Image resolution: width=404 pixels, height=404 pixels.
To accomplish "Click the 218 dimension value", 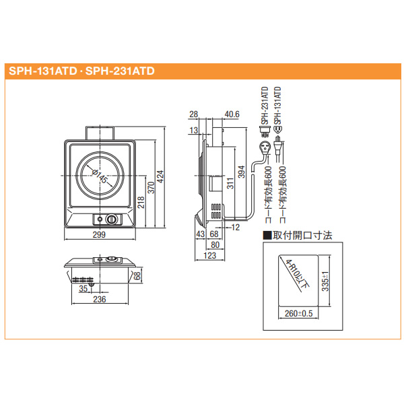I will pyautogui.click(x=142, y=201).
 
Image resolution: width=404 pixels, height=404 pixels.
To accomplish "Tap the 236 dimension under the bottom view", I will pyautogui.click(x=100, y=300).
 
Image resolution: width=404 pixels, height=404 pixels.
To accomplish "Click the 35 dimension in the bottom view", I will pyautogui.click(x=83, y=288).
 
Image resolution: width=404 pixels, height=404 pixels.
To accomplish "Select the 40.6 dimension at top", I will pyautogui.click(x=232, y=114).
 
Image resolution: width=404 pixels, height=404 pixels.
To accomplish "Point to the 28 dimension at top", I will pyautogui.click(x=194, y=114).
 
